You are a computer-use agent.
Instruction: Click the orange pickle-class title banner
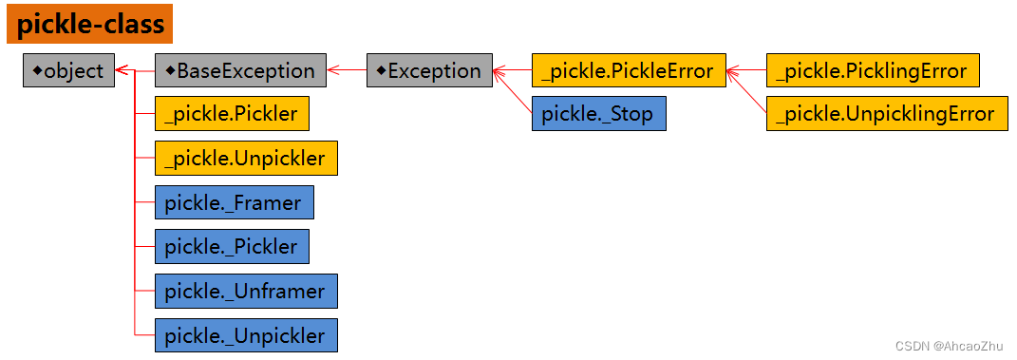pos(90,24)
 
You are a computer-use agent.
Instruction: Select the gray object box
pos(68,70)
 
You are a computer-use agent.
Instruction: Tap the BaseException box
pos(240,70)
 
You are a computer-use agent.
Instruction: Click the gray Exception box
pos(429,70)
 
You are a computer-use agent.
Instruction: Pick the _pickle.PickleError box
pos(629,70)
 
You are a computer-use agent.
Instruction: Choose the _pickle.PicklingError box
pos(872,70)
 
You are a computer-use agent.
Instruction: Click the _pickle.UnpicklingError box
pos(886,114)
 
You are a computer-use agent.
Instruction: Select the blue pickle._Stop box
pos(598,114)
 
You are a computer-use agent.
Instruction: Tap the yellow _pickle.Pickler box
pos(232,114)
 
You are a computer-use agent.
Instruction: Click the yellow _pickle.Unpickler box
pos(246,158)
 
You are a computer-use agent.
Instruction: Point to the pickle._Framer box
pos(234,202)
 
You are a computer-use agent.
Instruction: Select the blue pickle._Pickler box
pos(232,246)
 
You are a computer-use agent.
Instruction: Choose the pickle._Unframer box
pos(246,291)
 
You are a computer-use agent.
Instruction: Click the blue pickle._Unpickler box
pos(246,335)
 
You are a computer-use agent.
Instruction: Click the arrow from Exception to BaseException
pos(347,70)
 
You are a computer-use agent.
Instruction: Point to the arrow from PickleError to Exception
pos(513,70)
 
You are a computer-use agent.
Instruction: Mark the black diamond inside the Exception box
pos(380,69)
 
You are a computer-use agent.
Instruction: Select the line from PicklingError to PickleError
pos(747,70)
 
